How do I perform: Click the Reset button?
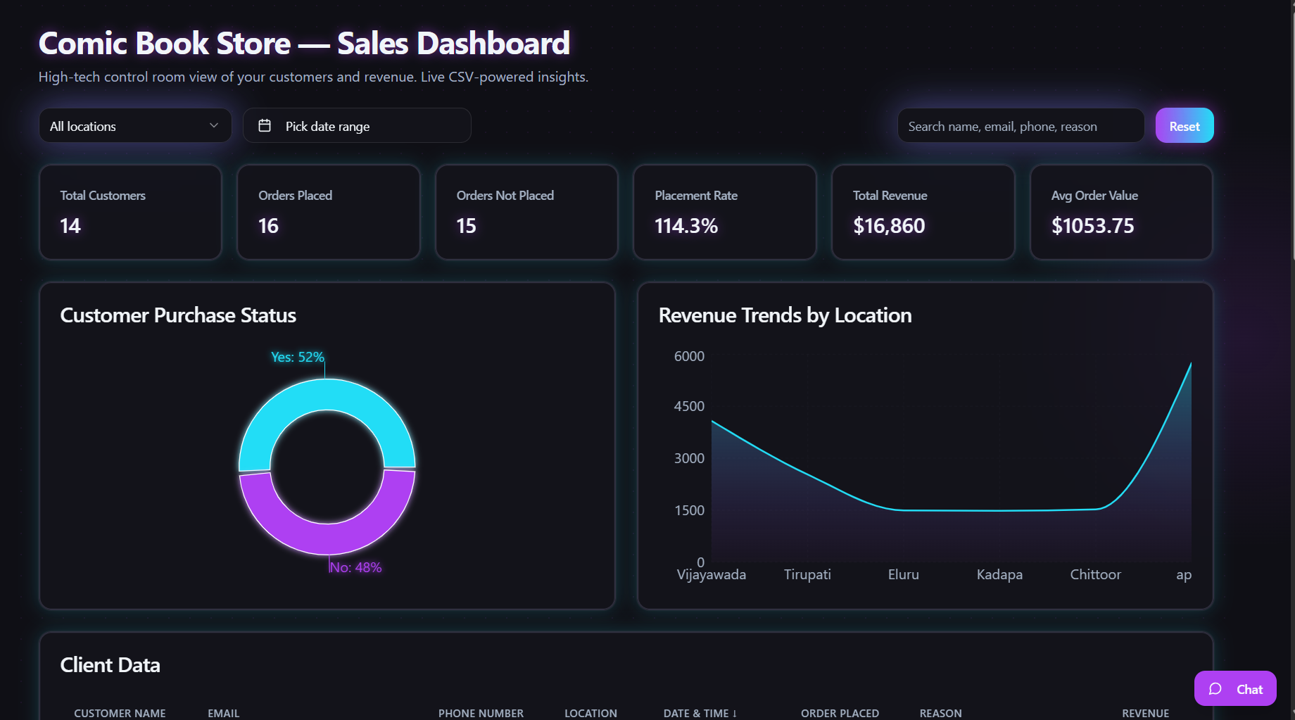1184,126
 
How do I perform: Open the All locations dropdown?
134,126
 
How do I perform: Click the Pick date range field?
356,126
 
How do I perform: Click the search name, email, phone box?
1020,126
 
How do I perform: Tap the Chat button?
1234,689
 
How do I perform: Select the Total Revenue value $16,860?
888,226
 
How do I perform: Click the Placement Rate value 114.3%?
686,226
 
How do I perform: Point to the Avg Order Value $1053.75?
1092,226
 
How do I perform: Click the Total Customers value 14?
70,226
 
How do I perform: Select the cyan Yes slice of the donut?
327,394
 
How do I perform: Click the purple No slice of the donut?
327,539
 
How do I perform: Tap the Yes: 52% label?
297,357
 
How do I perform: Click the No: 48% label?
355,567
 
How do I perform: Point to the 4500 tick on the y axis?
688,406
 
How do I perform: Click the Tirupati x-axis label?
807,574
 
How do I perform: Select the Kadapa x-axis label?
999,574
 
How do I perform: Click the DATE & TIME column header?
700,713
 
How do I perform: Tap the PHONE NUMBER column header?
481,713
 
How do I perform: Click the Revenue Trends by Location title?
785,315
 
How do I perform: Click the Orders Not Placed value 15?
466,226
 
